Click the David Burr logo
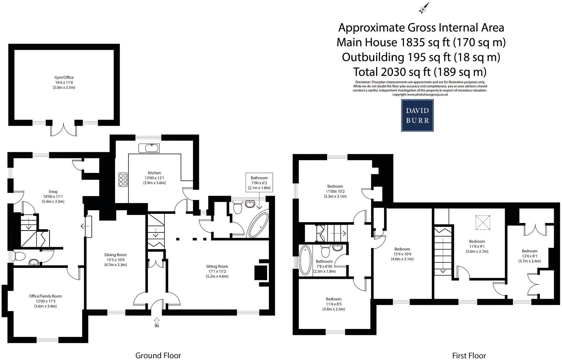pyautogui.click(x=417, y=115)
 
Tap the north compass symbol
pyautogui.click(x=424, y=9)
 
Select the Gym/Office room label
pyautogui.click(x=64, y=82)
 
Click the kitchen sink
pyautogui.click(x=149, y=148)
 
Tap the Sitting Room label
pyautogui.click(x=217, y=271)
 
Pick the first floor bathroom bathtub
pyautogui.click(x=305, y=260)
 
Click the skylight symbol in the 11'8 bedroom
pyautogui.click(x=483, y=222)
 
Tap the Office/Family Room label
pyautogui.click(x=45, y=301)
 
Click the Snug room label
pyautogui.click(x=53, y=196)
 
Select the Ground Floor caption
pyautogui.click(x=158, y=355)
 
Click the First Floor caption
pyautogui.click(x=469, y=355)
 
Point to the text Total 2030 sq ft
pyautogui.click(x=420, y=72)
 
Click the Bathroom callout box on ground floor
pyautogui.click(x=259, y=183)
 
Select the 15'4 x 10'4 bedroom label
pyautogui.click(x=402, y=254)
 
